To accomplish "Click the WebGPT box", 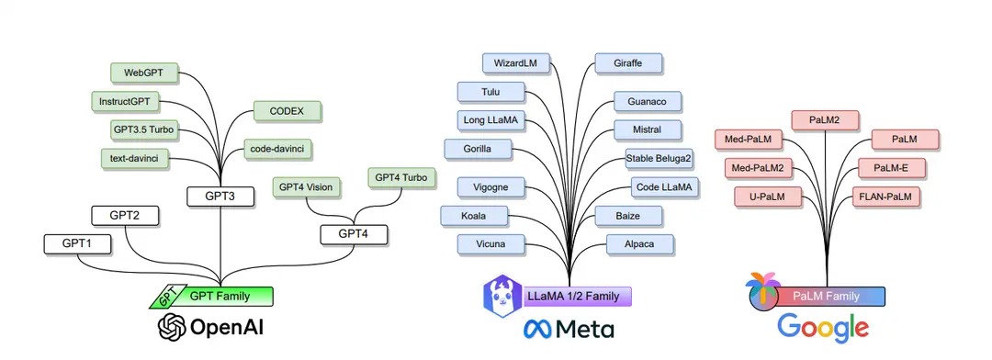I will point(143,72).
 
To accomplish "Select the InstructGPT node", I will point(126,100).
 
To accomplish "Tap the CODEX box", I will point(286,112).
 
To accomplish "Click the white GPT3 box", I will point(220,196).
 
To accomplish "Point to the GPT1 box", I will point(78,244).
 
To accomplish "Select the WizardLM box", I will point(514,63).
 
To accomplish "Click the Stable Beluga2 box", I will point(659,158).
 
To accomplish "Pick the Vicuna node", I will point(491,244).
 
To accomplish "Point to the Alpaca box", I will point(639,244).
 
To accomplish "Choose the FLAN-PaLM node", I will point(888,196).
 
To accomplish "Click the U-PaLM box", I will point(767,196).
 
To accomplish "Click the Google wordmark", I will point(822,328).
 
